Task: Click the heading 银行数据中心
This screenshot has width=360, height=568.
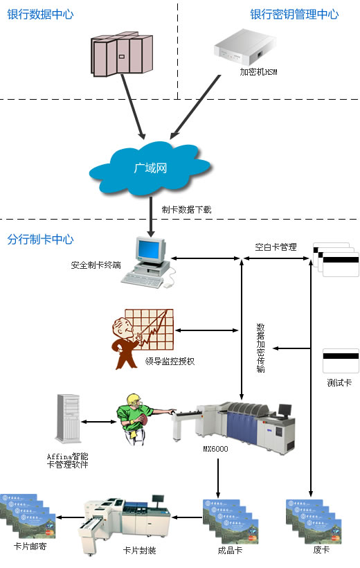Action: [40, 15]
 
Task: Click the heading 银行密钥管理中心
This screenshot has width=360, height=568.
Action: [294, 15]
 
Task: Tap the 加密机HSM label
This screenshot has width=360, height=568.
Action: [258, 72]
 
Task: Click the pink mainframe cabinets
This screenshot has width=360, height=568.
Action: [121, 54]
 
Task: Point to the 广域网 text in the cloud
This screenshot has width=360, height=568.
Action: [150, 168]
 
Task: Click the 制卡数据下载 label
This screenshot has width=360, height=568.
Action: [186, 210]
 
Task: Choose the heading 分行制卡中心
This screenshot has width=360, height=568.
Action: [40, 240]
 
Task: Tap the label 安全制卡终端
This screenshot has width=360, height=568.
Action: [96, 265]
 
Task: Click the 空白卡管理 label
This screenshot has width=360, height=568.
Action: [276, 247]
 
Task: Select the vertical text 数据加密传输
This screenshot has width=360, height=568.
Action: [260, 348]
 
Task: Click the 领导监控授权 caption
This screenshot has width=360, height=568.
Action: [170, 361]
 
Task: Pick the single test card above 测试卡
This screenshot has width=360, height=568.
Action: [341, 361]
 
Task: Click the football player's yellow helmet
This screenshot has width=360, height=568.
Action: [134, 400]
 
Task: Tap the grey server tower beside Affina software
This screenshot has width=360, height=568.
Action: [68, 418]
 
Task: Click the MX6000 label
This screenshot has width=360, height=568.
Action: [215, 449]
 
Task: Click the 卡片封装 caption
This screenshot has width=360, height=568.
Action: [139, 551]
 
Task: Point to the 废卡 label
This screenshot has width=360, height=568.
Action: [321, 550]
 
